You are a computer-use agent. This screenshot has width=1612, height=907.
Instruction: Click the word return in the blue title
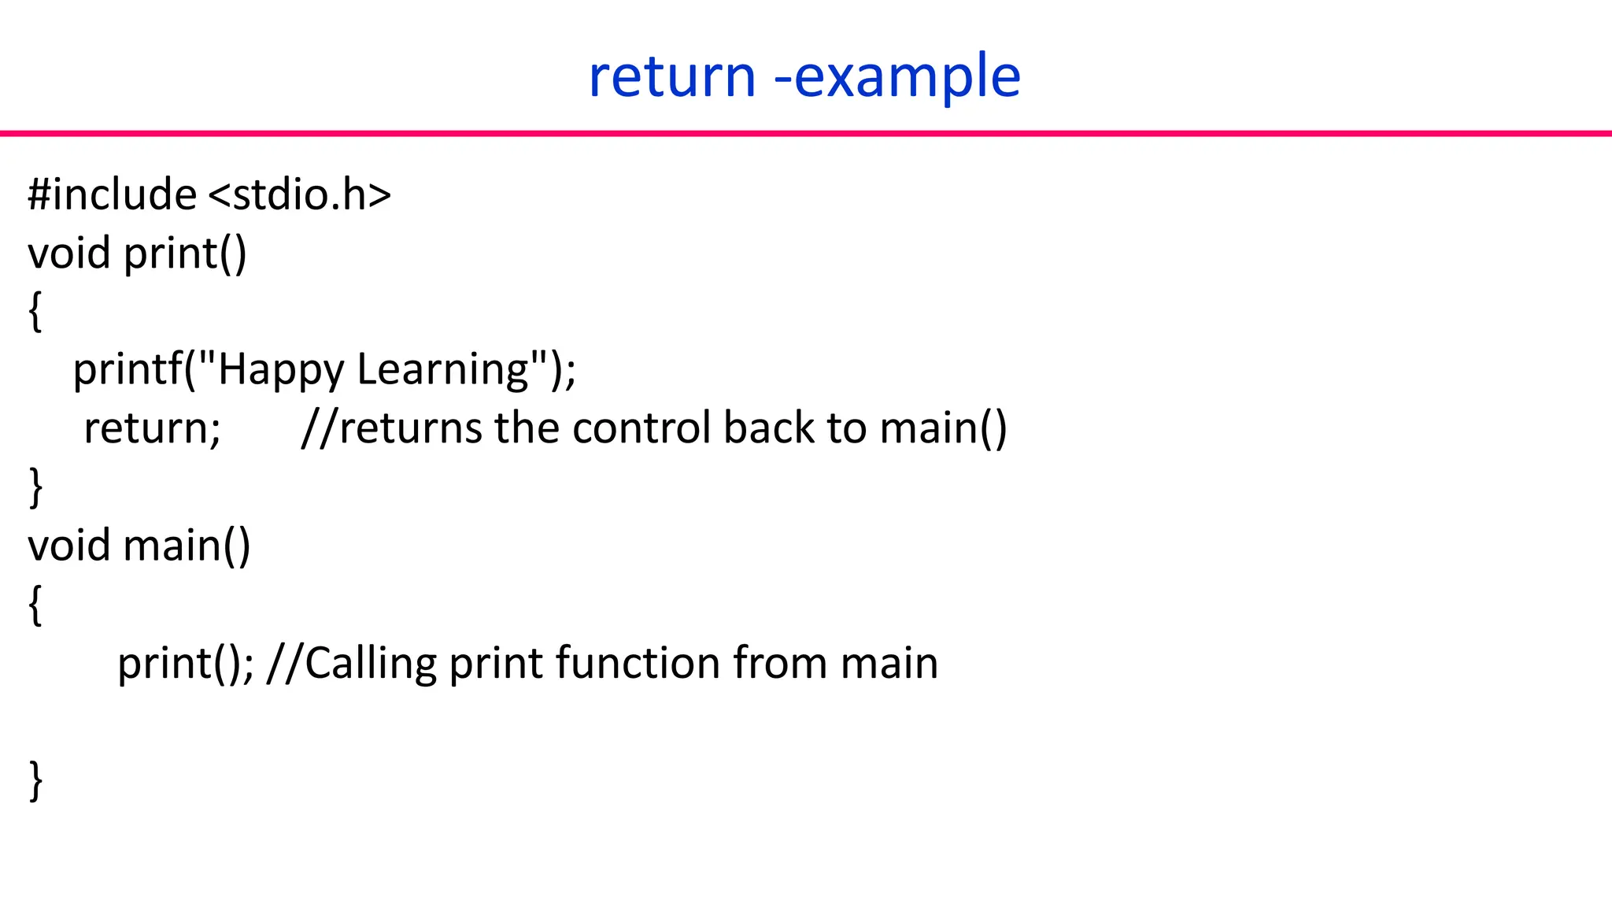pyautogui.click(x=671, y=77)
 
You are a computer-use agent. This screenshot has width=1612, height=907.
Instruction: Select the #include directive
pyautogui.click(x=112, y=194)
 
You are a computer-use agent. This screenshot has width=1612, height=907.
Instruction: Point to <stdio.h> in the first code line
pyautogui.click(x=300, y=194)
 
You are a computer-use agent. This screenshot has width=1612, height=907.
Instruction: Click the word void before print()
pyautogui.click(x=68, y=254)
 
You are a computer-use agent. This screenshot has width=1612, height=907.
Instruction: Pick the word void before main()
pyautogui.click(x=68, y=546)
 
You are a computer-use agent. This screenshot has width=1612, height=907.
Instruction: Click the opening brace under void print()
pyautogui.click(x=35, y=312)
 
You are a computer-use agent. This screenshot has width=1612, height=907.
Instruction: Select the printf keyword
pyautogui.click(x=127, y=370)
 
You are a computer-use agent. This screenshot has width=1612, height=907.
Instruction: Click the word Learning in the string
pyautogui.click(x=443, y=370)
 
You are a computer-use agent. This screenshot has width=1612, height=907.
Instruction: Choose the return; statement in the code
pyautogui.click(x=152, y=429)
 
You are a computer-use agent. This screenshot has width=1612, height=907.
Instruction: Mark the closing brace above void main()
pyautogui.click(x=35, y=487)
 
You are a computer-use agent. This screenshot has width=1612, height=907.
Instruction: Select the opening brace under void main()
pyautogui.click(x=35, y=605)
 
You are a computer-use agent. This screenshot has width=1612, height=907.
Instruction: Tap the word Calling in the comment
pyautogui.click(x=370, y=664)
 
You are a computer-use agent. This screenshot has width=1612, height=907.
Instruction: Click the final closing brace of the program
pyautogui.click(x=35, y=780)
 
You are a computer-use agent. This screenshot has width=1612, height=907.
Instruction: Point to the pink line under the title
pyautogui.click(x=806, y=134)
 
